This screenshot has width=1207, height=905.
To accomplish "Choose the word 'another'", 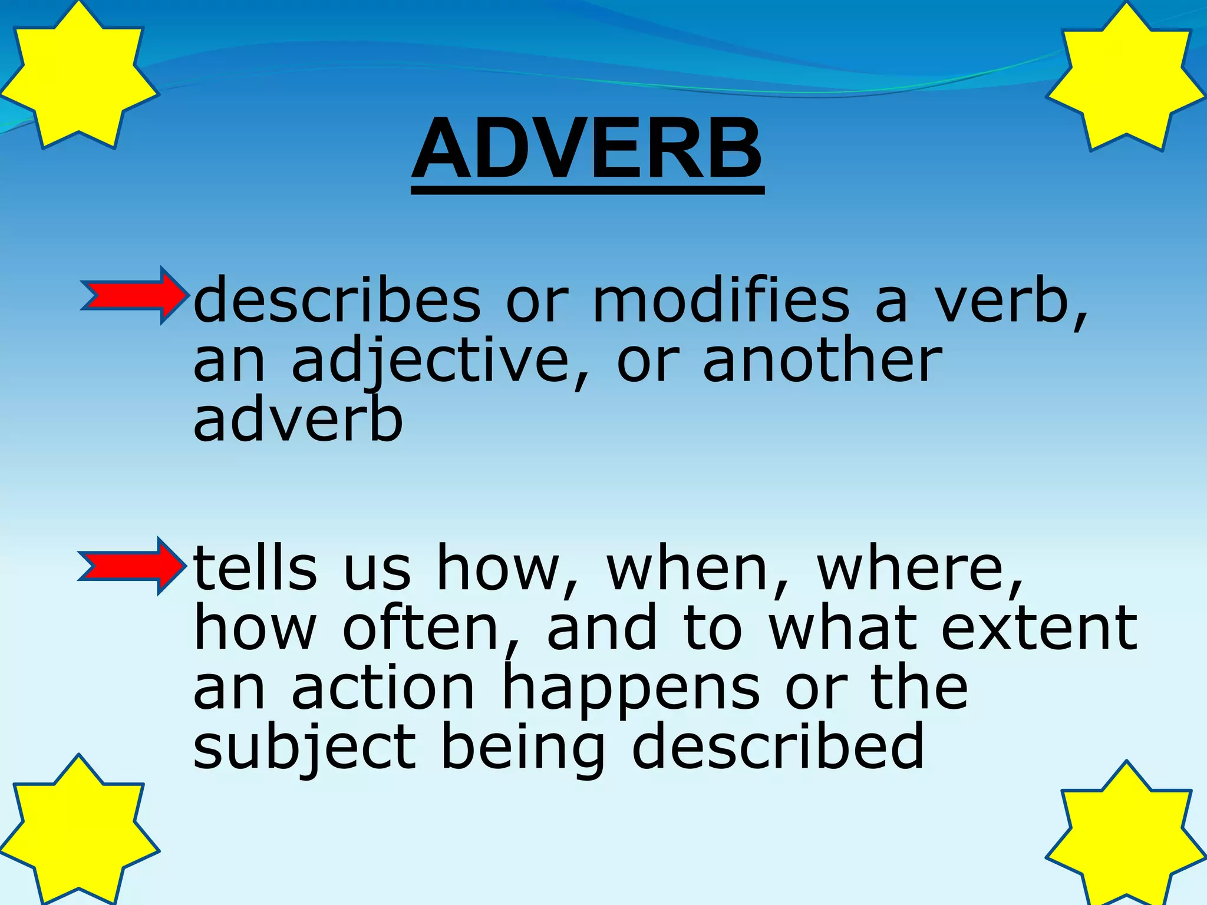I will click(x=822, y=361).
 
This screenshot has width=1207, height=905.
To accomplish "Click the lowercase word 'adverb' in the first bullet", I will click(x=298, y=421).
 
